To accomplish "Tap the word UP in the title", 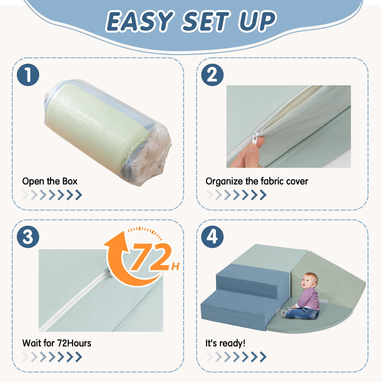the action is click(257, 21).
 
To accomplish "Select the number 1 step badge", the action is click(28, 75).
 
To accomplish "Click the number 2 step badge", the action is click(212, 75).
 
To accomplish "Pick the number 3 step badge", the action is click(28, 237).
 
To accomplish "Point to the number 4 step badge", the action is click(212, 237).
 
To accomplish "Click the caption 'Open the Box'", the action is click(50, 181).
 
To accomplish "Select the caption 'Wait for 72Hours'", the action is click(57, 343).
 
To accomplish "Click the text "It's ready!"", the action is click(225, 343).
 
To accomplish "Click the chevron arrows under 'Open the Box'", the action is click(52, 195).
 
